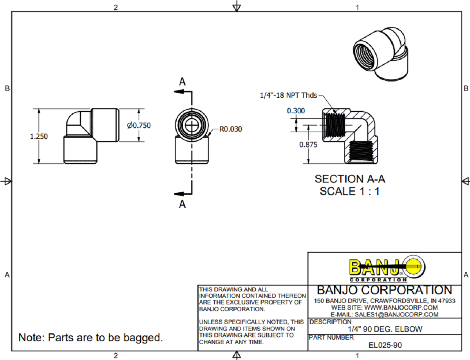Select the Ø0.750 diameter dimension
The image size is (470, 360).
click(x=139, y=125)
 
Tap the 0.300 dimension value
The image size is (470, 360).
click(x=296, y=111)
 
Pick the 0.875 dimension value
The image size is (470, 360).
click(x=308, y=144)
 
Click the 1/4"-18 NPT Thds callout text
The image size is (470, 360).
click(x=288, y=95)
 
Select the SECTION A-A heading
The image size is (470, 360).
click(x=350, y=179)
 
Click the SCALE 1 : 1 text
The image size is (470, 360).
click(x=350, y=192)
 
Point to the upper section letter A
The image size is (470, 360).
click(x=182, y=81)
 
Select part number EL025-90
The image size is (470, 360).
click(x=385, y=345)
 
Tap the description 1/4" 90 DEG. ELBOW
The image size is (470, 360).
click(x=385, y=329)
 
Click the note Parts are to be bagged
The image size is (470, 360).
click(x=90, y=337)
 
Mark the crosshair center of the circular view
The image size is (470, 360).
click(x=192, y=125)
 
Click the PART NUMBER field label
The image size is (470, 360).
click(x=331, y=337)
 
